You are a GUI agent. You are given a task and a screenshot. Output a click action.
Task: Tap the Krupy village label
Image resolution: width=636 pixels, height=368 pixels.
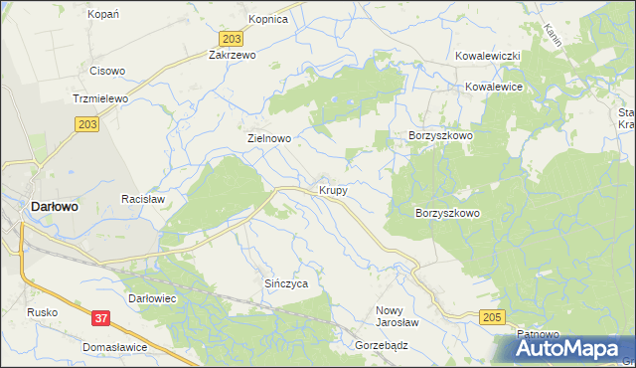coord(333,189)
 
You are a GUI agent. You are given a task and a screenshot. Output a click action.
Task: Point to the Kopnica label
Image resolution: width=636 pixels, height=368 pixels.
coord(268,19)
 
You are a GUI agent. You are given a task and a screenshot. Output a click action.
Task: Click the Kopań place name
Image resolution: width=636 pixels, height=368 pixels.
coord(103,14)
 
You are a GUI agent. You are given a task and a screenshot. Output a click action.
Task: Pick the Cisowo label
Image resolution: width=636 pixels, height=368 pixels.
coord(107,71)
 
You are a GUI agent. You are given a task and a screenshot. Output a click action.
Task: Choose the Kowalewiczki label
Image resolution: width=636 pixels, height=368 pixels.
coord(489,57)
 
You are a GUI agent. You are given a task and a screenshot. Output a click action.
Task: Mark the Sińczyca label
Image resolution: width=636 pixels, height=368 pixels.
coord(285,283)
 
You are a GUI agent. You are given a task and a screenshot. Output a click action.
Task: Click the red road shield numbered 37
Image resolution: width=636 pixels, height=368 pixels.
coord(100,318)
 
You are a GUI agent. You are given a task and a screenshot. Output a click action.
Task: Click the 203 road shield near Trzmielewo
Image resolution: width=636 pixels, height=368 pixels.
coord(85,122)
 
